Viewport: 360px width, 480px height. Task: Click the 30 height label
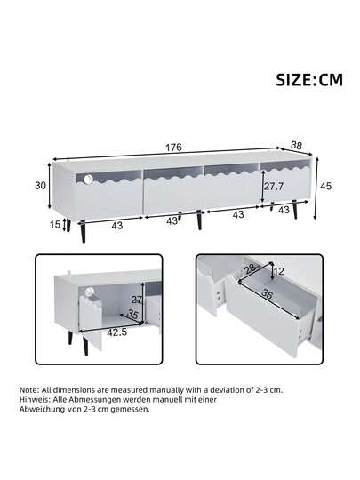(x=40, y=185)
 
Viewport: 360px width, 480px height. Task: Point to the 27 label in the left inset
(x=137, y=299)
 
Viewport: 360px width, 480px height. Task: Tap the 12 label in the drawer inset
(x=278, y=270)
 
